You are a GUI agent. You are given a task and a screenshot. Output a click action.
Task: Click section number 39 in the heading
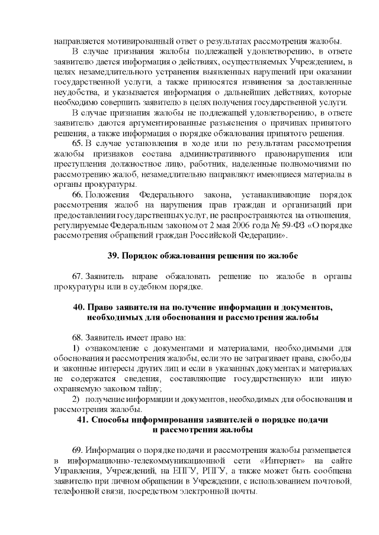click(113, 255)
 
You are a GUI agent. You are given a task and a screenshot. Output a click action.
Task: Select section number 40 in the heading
click(78, 307)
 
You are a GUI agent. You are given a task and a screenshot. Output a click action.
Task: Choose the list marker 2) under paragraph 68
click(76, 399)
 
